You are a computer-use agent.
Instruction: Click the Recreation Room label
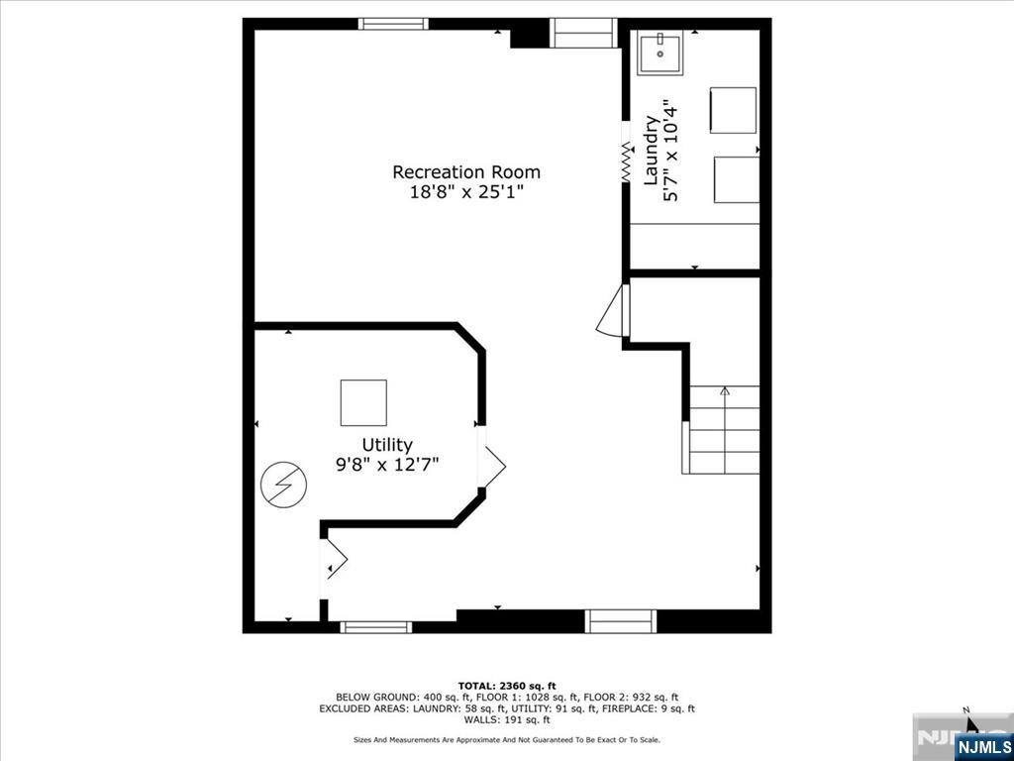pyautogui.click(x=466, y=171)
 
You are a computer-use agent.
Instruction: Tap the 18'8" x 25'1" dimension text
pyautogui.click(x=466, y=192)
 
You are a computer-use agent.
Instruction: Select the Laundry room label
pyautogui.click(x=652, y=151)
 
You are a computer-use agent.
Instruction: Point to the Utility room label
pyautogui.click(x=386, y=445)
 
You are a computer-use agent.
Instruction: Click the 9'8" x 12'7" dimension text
pyautogui.click(x=386, y=464)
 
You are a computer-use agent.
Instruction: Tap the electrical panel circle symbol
pyautogui.click(x=283, y=485)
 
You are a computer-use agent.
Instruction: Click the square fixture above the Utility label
pyautogui.click(x=363, y=402)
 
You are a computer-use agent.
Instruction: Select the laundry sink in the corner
pyautogui.click(x=659, y=54)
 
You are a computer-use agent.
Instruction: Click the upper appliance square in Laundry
pyautogui.click(x=733, y=110)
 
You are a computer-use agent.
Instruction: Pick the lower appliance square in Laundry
pyautogui.click(x=736, y=179)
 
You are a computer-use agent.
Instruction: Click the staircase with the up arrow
pyautogui.click(x=724, y=429)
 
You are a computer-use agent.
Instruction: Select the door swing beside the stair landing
pyautogui.click(x=614, y=311)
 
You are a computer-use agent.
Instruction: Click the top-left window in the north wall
pyautogui.click(x=393, y=24)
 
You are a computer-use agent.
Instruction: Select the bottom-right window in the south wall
pyautogui.click(x=621, y=621)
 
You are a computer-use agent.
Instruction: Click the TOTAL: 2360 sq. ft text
pyautogui.click(x=507, y=686)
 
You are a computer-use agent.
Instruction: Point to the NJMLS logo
pyautogui.click(x=983, y=746)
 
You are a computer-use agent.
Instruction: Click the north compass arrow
pyautogui.click(x=971, y=721)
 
